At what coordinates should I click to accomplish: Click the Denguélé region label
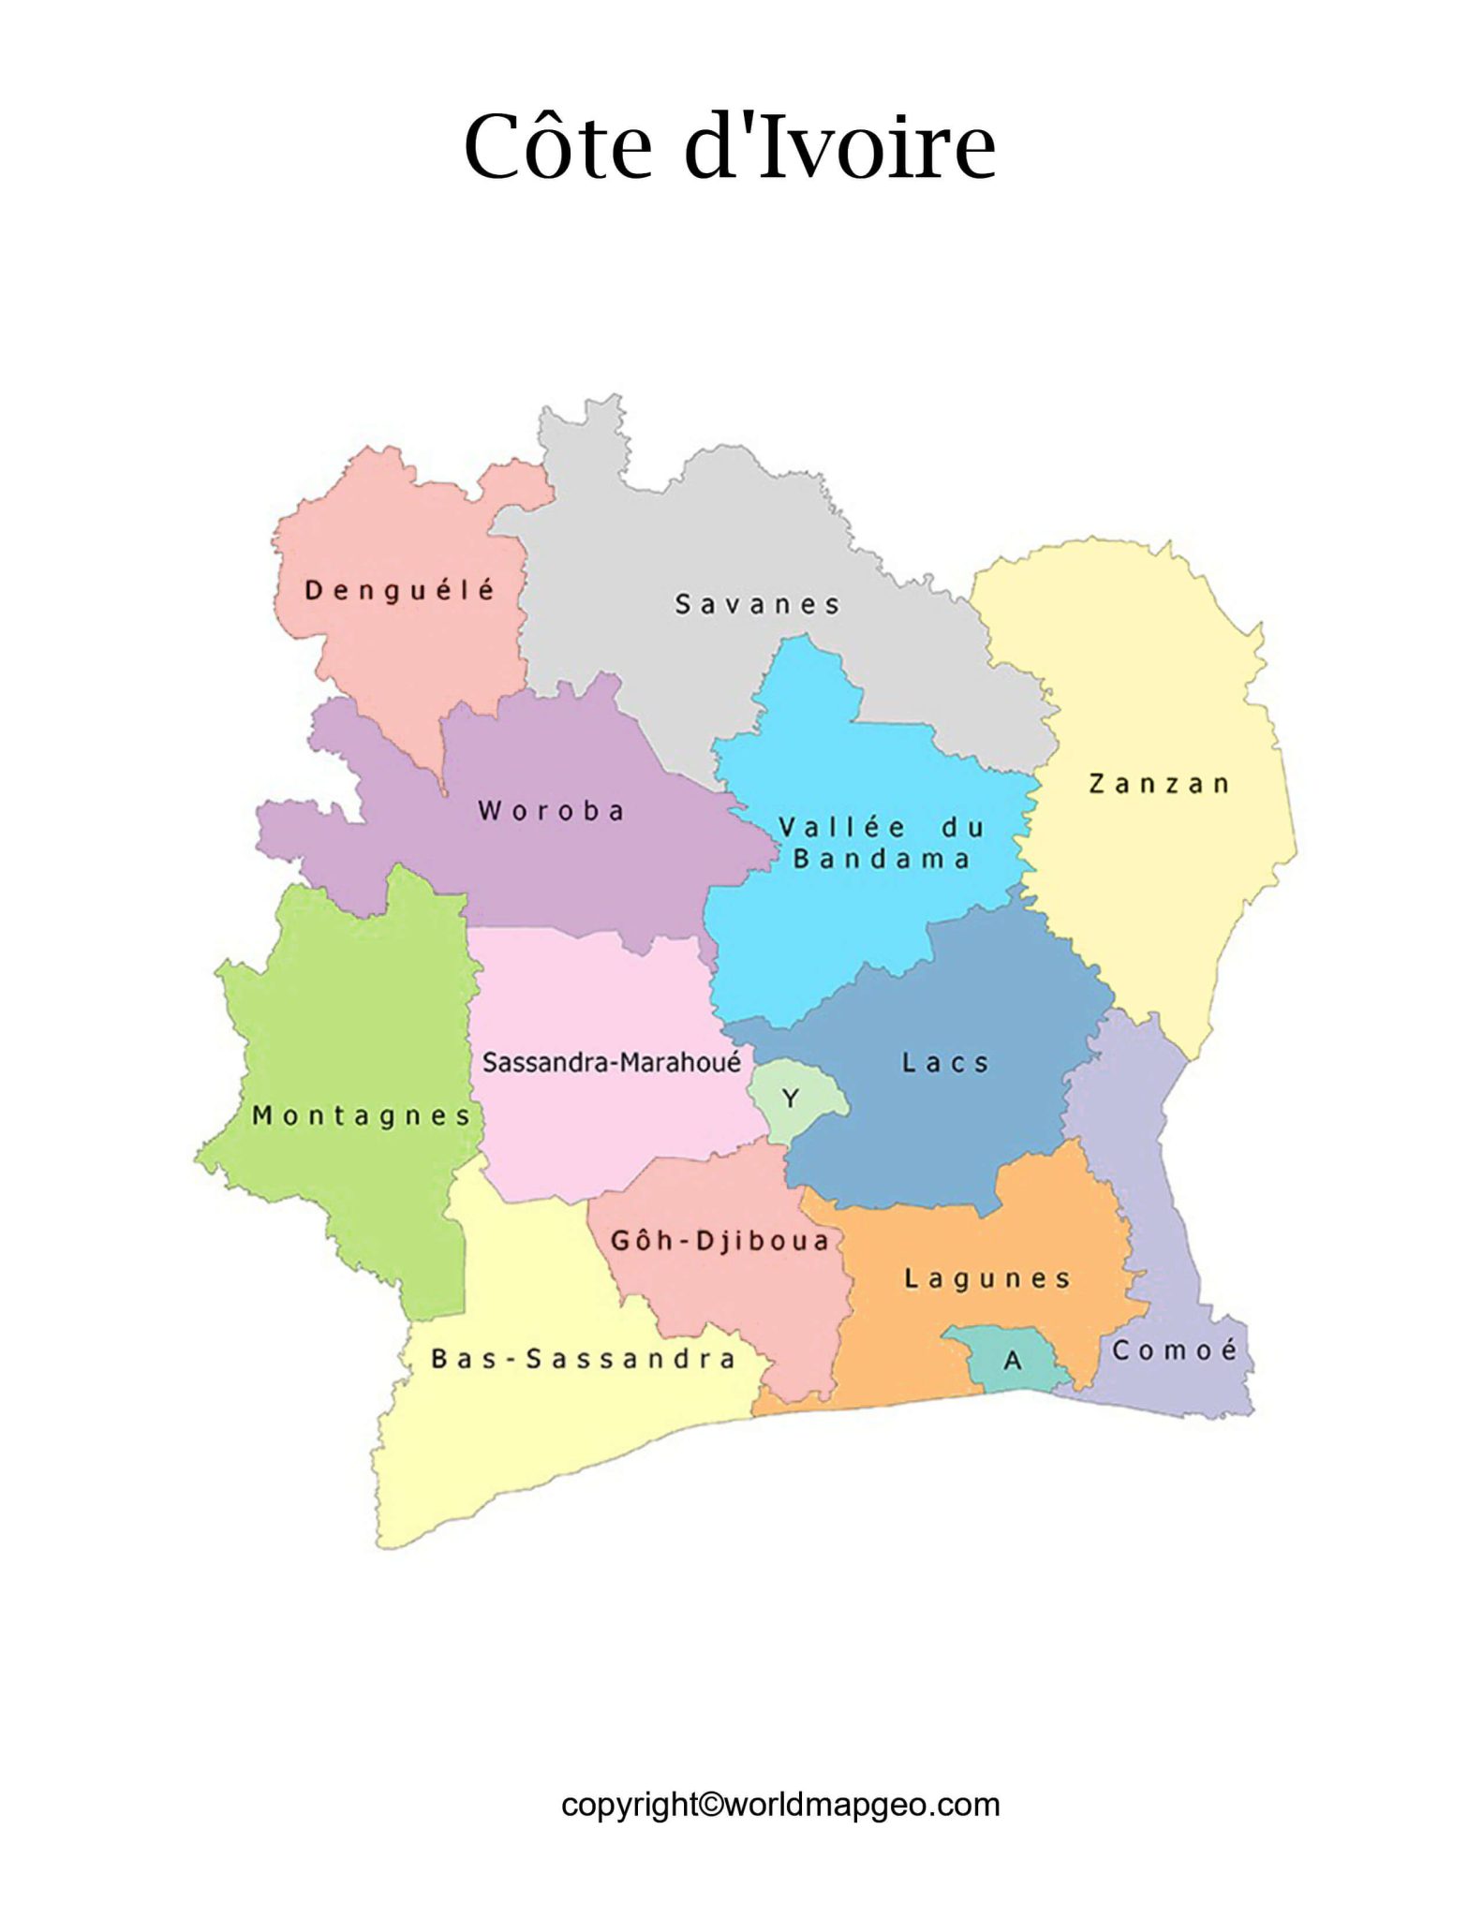point(400,590)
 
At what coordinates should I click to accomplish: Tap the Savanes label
point(757,604)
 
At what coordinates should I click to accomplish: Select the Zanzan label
point(1159,783)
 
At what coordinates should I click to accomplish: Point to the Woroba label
point(551,810)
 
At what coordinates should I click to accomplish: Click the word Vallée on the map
point(843,827)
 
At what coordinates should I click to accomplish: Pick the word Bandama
point(882,859)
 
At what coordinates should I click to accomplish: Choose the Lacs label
point(945,1062)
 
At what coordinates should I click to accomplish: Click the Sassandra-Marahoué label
point(612,1062)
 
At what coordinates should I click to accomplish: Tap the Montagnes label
point(362,1115)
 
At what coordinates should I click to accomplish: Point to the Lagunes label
point(987,1278)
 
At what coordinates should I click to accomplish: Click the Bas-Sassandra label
point(583,1358)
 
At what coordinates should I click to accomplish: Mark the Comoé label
point(1175,1350)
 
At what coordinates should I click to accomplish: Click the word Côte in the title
point(557,148)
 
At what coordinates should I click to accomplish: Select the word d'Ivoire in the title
point(839,148)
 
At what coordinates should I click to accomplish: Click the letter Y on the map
point(790,1098)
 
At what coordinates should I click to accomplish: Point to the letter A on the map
point(1013,1361)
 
